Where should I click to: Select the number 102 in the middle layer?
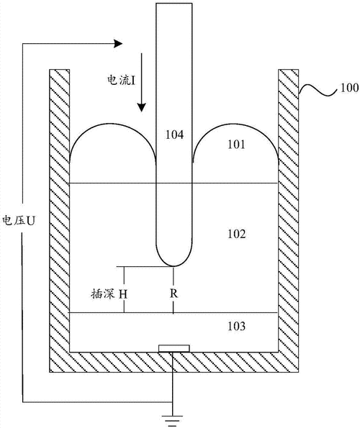(235, 235)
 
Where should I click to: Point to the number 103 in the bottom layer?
(235, 327)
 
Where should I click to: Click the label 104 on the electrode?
(174, 134)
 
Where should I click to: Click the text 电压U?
(19, 219)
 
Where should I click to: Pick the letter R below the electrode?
(174, 293)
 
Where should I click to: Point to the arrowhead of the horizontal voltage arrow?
(117, 43)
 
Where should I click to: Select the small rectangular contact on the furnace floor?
(174, 349)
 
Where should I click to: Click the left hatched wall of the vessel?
(58, 216)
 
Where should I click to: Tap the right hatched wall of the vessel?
(289, 216)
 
